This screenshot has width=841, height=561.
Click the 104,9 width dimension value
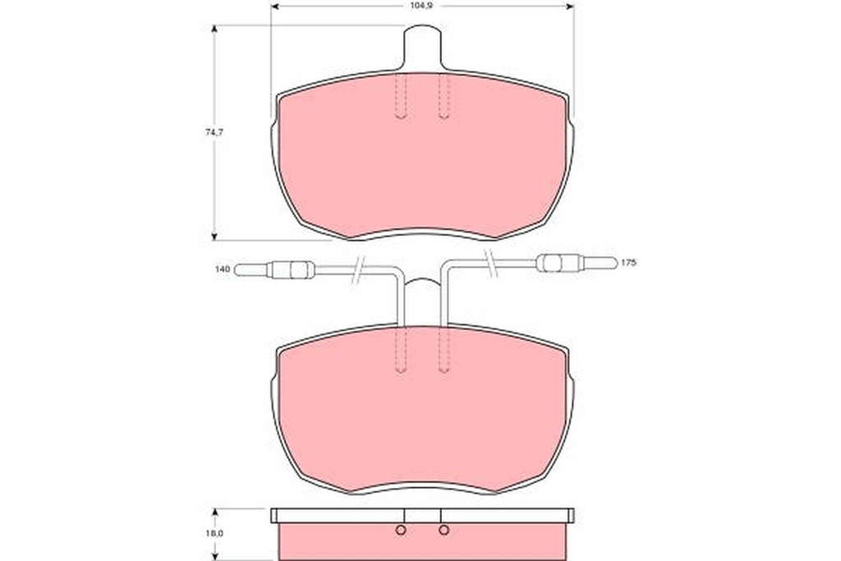(x=421, y=7)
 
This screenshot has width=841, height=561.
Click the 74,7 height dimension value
(x=214, y=132)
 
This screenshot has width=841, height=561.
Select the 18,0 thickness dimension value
(x=214, y=534)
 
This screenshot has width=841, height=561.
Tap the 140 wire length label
(x=223, y=269)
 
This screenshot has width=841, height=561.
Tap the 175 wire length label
(x=628, y=264)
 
